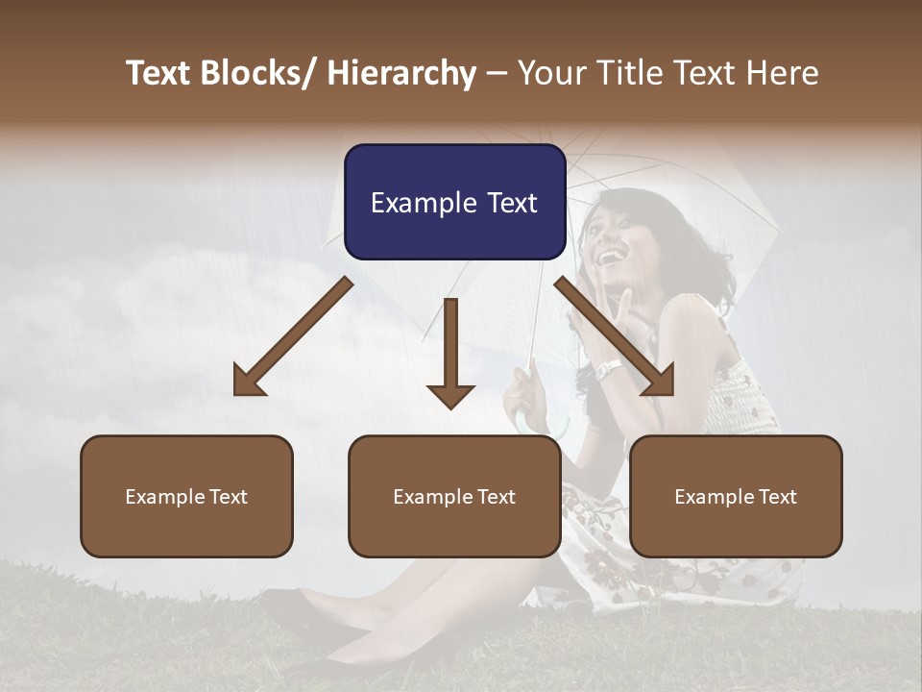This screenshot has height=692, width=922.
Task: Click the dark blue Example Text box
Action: click(454, 202)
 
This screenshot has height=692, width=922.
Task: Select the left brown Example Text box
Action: click(186, 496)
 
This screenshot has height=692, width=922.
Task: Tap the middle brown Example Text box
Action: click(454, 496)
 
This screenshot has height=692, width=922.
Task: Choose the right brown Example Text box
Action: click(736, 496)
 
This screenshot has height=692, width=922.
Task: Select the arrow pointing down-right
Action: click(615, 336)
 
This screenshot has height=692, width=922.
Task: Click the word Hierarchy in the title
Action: click(401, 73)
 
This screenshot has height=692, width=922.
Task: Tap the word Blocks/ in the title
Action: click(262, 73)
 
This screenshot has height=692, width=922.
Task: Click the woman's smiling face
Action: click(615, 235)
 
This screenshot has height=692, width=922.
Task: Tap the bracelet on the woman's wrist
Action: click(609, 369)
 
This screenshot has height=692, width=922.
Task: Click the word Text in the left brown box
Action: click(229, 497)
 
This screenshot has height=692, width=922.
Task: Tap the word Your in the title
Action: click(549, 73)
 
